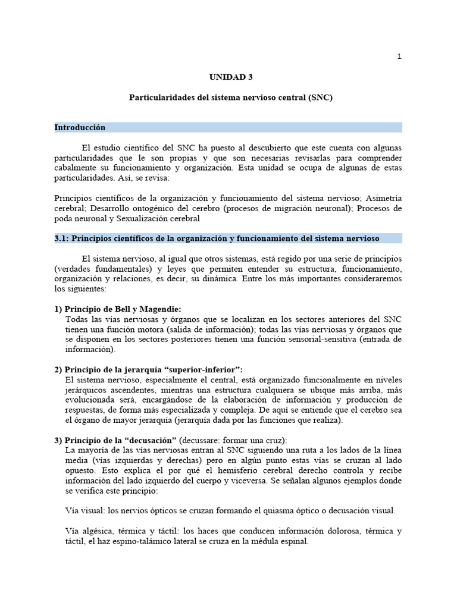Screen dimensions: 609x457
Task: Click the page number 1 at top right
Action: [x=399, y=57]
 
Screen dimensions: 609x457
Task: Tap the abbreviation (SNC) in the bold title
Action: [x=320, y=97]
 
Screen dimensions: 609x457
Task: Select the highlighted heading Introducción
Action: [x=80, y=128]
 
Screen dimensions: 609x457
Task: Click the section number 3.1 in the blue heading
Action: [x=61, y=238]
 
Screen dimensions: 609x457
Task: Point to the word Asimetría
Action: [x=384, y=197]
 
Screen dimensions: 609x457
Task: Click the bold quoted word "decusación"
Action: [x=151, y=440]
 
